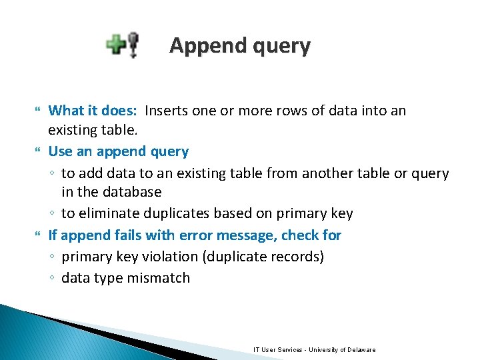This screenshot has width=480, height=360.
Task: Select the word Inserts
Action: tap(167, 110)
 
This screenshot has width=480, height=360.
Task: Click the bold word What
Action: tap(66, 110)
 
